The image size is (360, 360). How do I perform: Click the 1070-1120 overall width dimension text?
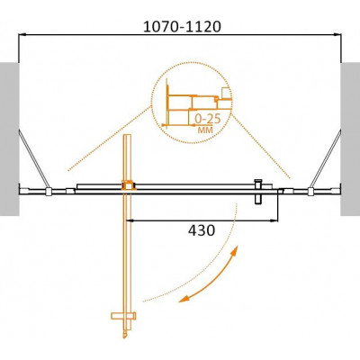click(x=182, y=27)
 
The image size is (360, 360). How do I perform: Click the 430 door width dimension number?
click(x=202, y=230)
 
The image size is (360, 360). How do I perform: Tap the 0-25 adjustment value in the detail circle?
click(x=208, y=119)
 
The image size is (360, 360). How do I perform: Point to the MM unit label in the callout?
click(x=205, y=130)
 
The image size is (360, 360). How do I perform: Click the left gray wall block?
click(x=10, y=139)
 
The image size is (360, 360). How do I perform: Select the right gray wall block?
click(x=350, y=139)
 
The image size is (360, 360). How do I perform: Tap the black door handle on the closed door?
click(x=258, y=192)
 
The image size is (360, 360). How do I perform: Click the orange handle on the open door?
click(x=123, y=316)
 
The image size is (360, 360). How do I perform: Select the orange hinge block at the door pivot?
click(x=129, y=185)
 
